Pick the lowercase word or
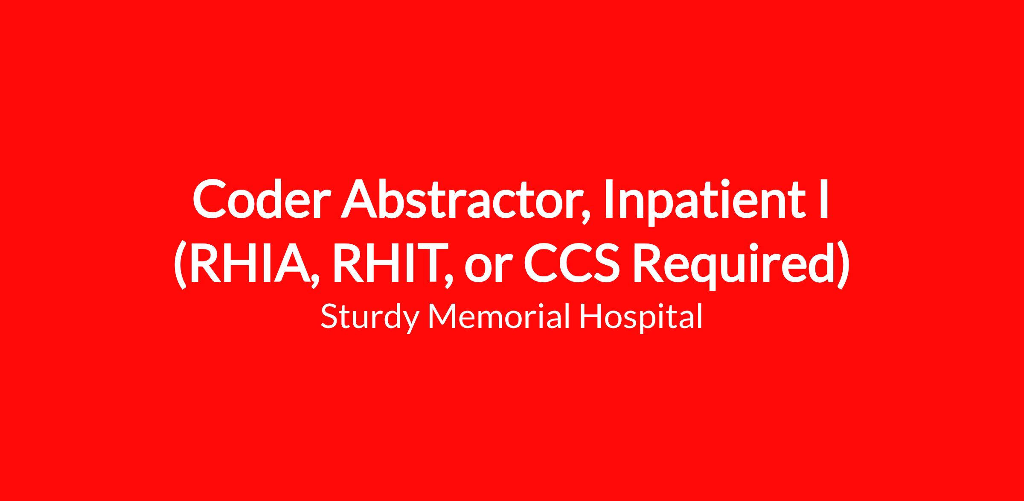click(489, 270)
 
